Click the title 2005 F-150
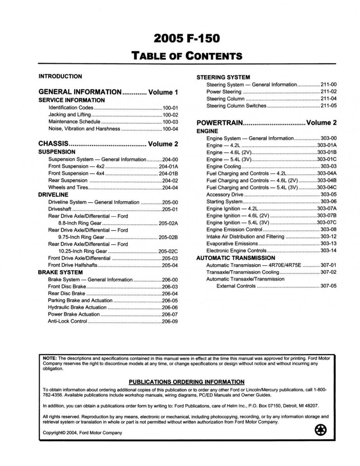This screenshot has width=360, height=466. click(x=186, y=38)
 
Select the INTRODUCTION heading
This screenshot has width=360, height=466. click(x=60, y=77)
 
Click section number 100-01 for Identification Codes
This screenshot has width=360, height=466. click(x=170, y=108)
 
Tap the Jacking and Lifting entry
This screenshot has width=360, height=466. click(x=70, y=115)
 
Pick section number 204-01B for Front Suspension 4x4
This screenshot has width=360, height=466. click(x=168, y=174)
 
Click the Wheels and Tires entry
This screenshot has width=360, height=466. click(x=68, y=188)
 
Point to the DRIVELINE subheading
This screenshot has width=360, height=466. click(x=53, y=195)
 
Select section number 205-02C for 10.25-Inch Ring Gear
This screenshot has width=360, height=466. click(x=168, y=251)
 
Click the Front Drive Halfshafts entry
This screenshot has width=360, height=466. click(x=73, y=266)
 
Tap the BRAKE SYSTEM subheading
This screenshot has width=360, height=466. click(x=60, y=273)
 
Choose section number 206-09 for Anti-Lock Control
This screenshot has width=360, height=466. click(x=170, y=322)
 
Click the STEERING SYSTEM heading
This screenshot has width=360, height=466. click(x=223, y=77)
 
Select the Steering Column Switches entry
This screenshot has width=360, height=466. click(x=237, y=106)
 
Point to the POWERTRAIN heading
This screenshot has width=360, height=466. click(x=220, y=123)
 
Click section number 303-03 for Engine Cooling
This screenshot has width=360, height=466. click(x=329, y=167)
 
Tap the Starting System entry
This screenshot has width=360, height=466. click(x=224, y=202)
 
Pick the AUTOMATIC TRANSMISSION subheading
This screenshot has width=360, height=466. click(x=236, y=258)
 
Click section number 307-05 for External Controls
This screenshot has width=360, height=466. click(x=329, y=286)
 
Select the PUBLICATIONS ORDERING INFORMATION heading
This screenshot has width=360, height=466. click(x=186, y=382)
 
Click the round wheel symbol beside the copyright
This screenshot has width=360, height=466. click(x=320, y=430)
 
